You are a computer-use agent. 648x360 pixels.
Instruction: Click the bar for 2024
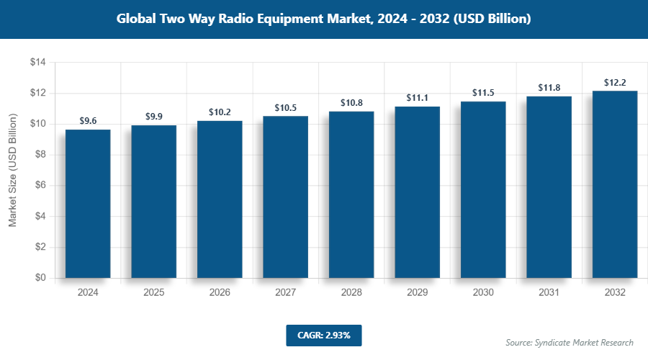pyautogui.click(x=88, y=204)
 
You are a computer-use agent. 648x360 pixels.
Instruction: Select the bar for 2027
pyautogui.click(x=285, y=197)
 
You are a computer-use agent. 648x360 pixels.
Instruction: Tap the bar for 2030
pyautogui.click(x=483, y=189)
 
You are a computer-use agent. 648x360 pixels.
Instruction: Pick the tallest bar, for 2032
pyautogui.click(x=615, y=184)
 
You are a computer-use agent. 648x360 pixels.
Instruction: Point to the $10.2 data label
pyautogui.click(x=220, y=112)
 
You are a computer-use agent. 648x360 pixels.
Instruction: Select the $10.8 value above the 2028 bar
pyautogui.click(x=351, y=103)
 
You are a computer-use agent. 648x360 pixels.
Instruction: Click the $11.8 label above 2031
pyautogui.click(x=549, y=88)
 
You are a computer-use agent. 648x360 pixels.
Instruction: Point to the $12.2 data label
pyautogui.click(x=615, y=82)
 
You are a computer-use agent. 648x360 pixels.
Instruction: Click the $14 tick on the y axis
pyautogui.click(x=37, y=63)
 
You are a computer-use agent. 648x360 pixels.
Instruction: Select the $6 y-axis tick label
pyautogui.click(x=40, y=186)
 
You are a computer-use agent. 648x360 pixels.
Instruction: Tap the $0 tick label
pyautogui.click(x=40, y=278)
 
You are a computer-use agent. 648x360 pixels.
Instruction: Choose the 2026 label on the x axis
pyautogui.click(x=220, y=293)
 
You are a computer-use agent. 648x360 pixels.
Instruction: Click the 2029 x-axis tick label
pyautogui.click(x=417, y=293)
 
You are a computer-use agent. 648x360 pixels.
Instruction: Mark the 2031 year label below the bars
pyautogui.click(x=549, y=293)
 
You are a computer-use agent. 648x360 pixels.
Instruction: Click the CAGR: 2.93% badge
pyautogui.click(x=323, y=335)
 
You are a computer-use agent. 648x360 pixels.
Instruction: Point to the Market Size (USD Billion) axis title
pyautogui.click(x=12, y=171)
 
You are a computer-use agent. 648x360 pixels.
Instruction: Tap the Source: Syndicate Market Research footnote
pyautogui.click(x=570, y=342)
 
